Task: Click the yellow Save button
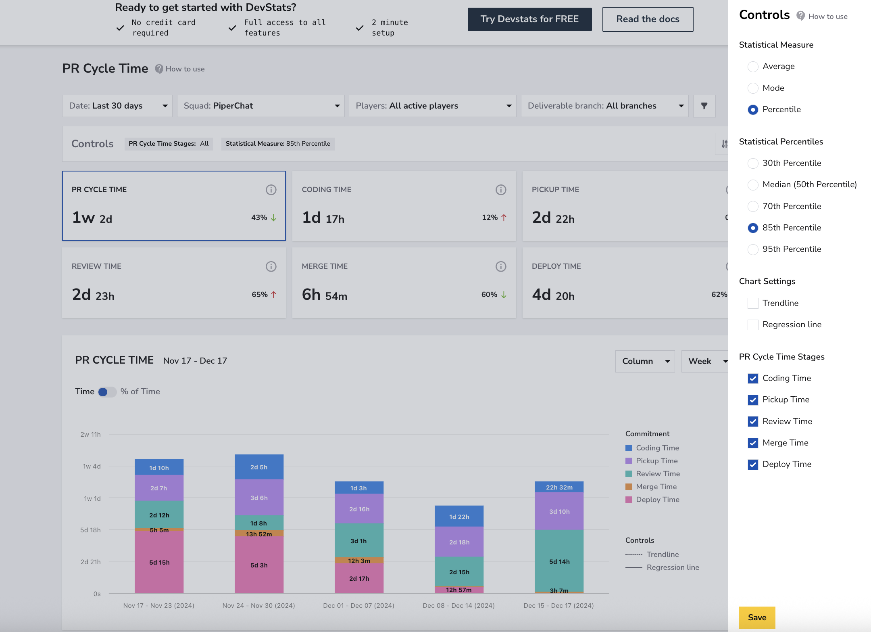coord(757,617)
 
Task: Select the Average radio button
coord(752,67)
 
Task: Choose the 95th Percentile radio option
coord(752,249)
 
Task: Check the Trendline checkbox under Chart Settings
coord(752,303)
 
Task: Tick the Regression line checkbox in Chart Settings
coord(752,324)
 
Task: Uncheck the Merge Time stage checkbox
coord(752,443)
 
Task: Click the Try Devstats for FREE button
coord(529,19)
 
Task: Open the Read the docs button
coord(648,19)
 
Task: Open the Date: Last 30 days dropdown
coord(117,106)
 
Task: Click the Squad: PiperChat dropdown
coord(260,106)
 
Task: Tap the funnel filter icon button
coord(704,106)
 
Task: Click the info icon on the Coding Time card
coord(500,190)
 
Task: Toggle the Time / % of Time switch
coord(107,392)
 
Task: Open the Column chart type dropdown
coord(645,361)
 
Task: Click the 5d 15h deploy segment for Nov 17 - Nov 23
coord(159,562)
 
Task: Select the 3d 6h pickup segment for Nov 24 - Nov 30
coord(259,497)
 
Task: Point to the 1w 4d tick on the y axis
coord(92,467)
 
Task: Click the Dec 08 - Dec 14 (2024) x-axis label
coord(458,605)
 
